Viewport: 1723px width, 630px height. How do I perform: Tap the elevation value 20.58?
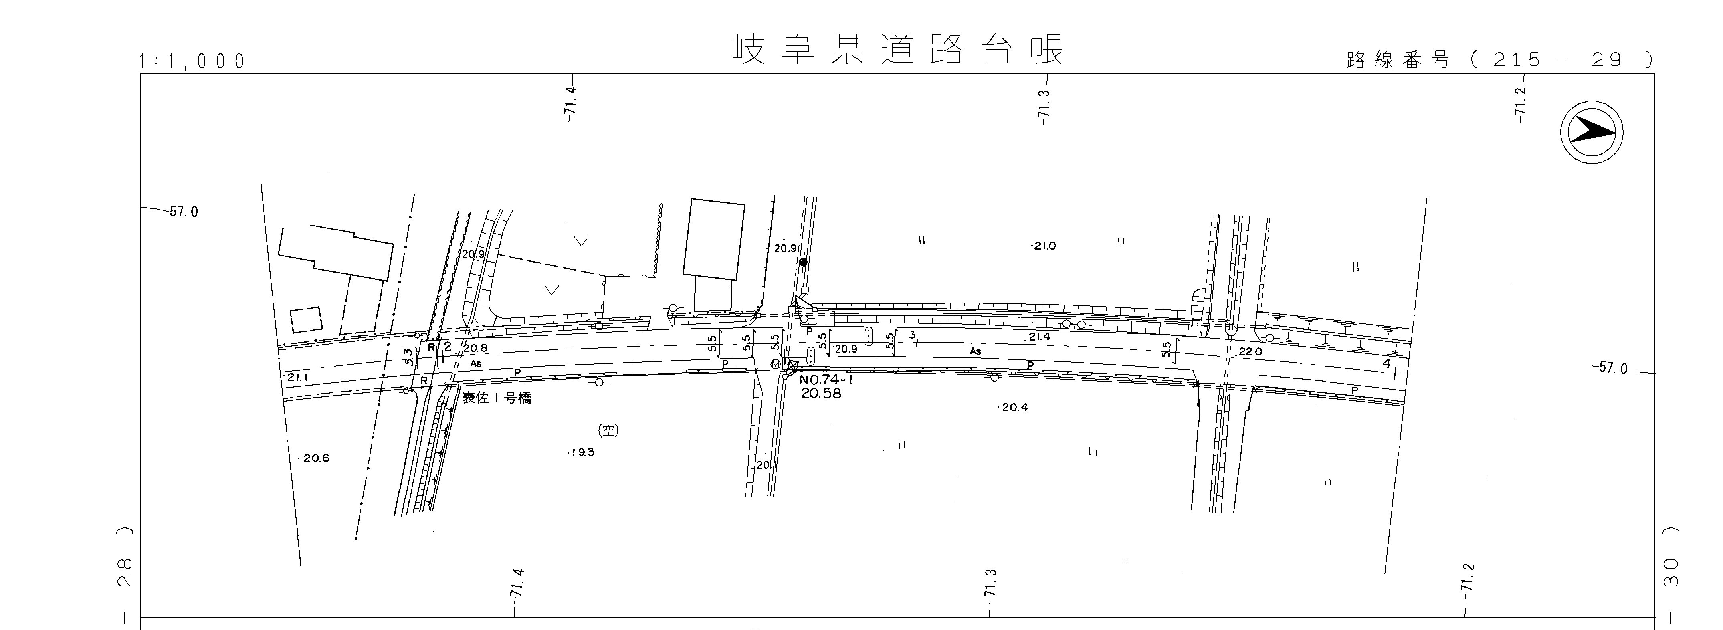(821, 394)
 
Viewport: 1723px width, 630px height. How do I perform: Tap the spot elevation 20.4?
(1015, 407)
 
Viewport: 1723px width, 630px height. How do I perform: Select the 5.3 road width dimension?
(407, 358)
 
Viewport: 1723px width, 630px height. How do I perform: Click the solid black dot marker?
(803, 262)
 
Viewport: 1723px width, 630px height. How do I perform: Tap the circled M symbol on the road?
(775, 364)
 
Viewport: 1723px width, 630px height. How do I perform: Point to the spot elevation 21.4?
(1039, 337)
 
